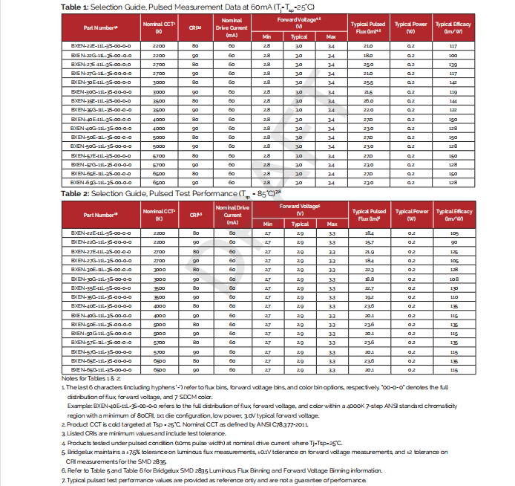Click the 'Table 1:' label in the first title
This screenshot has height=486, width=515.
76,7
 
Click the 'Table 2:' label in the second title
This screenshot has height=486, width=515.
76,193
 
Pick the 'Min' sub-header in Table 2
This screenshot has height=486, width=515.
268,224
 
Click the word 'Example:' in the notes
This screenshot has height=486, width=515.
82,406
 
